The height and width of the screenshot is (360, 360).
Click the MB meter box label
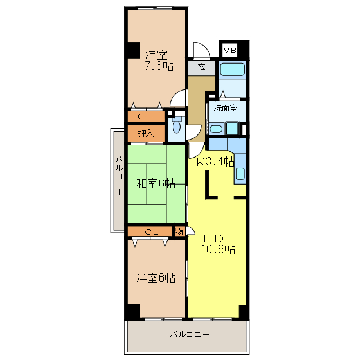click(229, 50)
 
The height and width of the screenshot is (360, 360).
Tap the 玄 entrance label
click(201, 67)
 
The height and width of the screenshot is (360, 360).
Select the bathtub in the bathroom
click(232, 69)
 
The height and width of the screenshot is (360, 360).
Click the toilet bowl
click(176, 127)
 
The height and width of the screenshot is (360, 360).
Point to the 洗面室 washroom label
click(226, 107)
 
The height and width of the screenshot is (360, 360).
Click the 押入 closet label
click(146, 133)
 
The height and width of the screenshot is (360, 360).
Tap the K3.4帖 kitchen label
click(215, 162)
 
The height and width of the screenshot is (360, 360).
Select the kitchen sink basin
click(240, 174)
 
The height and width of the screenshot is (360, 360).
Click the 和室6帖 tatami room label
click(156, 183)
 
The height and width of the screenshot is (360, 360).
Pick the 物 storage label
click(179, 231)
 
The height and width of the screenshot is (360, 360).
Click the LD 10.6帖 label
click(218, 244)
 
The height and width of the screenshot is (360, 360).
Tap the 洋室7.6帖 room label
click(159, 60)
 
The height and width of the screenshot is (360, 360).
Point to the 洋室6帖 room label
click(156, 278)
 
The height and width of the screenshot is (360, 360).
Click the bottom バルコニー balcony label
click(190, 334)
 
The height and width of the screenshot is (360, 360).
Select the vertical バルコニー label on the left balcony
click(119, 175)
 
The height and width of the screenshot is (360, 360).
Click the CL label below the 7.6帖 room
click(145, 116)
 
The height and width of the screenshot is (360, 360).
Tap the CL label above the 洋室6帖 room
click(151, 232)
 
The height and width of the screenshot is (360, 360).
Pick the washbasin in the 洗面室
click(216, 129)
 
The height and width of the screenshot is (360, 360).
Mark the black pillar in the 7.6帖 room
click(133, 50)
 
